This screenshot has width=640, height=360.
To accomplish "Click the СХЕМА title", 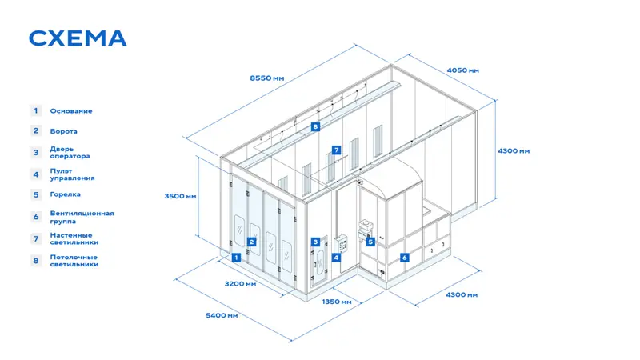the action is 78,38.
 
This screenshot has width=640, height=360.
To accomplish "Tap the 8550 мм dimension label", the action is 267,78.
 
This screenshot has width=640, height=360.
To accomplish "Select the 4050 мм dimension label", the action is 463,70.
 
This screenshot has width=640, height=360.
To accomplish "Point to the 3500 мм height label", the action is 181,196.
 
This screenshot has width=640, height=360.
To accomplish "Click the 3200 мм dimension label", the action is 241,284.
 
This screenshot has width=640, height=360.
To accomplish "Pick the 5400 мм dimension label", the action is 222,315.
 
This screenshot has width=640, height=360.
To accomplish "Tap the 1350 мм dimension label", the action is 337,302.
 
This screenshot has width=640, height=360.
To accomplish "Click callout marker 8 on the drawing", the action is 315,126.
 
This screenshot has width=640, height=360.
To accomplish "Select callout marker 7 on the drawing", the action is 336,150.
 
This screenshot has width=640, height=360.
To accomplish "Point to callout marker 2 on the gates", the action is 251,242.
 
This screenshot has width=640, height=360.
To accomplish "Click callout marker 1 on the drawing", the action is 236,258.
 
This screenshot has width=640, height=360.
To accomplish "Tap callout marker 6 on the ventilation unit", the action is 405,258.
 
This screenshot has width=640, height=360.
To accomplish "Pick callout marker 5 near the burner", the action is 370,242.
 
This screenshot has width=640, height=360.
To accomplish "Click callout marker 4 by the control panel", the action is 336,258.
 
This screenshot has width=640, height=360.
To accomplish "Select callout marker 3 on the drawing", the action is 315,242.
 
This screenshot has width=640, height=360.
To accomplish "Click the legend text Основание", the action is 71,111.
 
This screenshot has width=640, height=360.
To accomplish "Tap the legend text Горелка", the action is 66,194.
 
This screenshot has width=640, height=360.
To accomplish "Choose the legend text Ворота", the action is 64,131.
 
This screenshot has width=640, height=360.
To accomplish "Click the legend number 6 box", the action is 36,217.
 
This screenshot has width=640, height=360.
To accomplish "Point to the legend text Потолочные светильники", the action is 74,261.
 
